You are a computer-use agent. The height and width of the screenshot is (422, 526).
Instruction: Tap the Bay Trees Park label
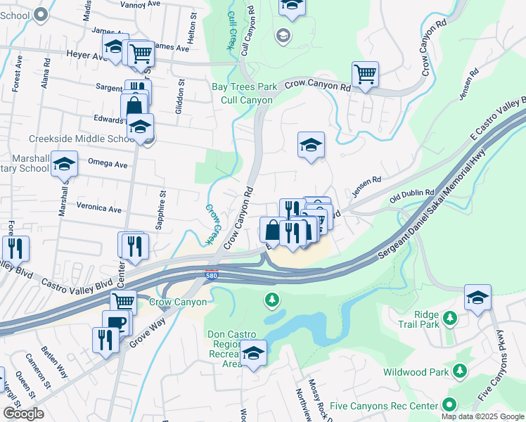[x=245, y=87]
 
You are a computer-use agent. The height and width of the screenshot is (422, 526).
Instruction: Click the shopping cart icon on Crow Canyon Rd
[x=365, y=74]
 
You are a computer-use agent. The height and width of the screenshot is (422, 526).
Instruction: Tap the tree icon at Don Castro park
[x=271, y=301]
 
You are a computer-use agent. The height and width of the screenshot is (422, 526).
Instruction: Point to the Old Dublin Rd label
[x=412, y=193]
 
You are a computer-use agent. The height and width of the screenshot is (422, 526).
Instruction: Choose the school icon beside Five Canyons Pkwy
[x=477, y=297]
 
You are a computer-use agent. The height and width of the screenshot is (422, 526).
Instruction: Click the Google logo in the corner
[x=23, y=414]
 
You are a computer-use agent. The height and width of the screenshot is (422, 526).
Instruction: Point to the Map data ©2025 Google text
[x=482, y=416]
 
